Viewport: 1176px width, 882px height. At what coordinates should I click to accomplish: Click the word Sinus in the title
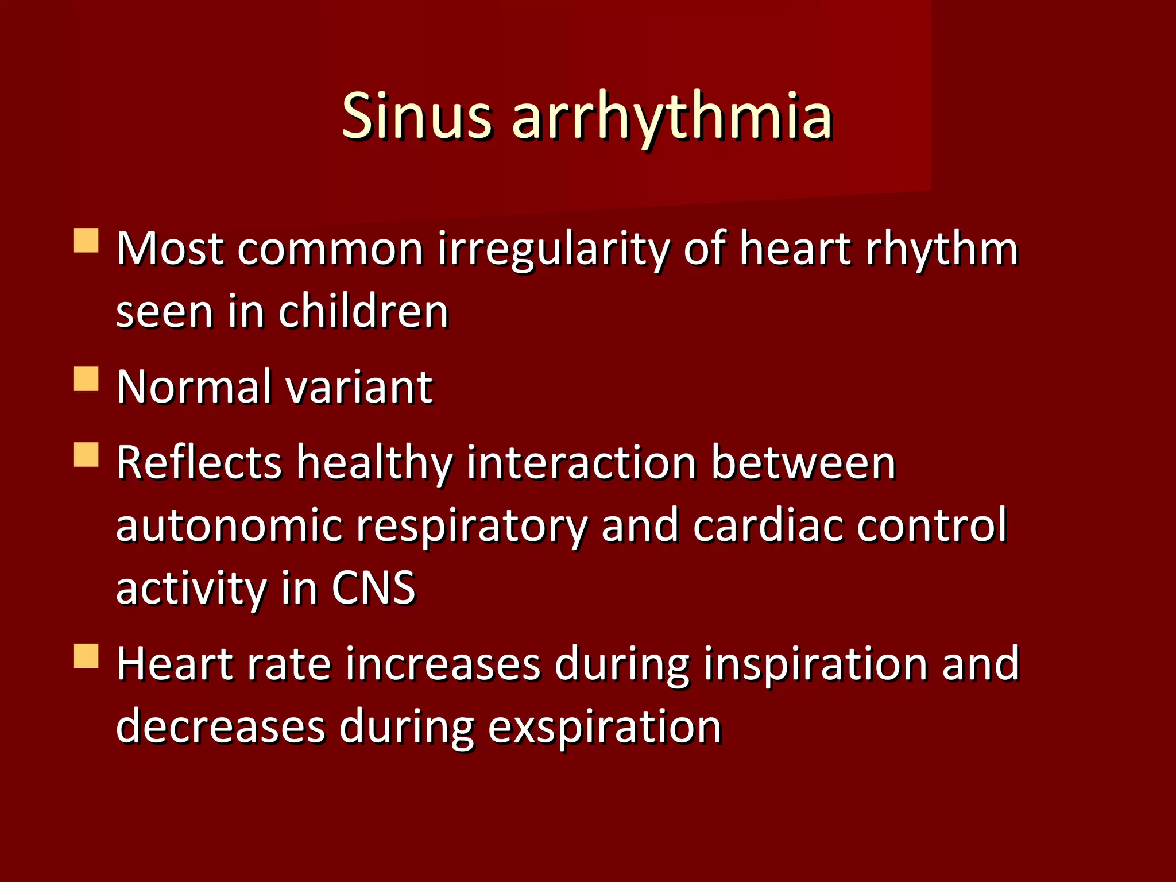416,117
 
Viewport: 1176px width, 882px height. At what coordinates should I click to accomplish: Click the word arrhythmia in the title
671,117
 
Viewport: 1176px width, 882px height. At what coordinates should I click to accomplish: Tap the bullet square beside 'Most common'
87,241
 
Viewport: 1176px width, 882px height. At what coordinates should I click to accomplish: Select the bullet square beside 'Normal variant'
87,380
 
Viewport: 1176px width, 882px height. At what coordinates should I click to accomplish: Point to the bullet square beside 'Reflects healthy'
87,454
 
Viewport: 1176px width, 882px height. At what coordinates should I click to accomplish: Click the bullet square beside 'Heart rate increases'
87,656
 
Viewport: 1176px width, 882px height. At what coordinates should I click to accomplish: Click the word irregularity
553,250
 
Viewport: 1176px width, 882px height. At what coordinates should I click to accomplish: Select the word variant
359,387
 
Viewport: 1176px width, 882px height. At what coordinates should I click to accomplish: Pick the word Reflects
199,463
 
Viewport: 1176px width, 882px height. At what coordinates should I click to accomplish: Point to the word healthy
374,463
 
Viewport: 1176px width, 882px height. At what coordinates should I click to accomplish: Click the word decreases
220,726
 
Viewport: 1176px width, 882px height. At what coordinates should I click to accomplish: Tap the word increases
443,664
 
